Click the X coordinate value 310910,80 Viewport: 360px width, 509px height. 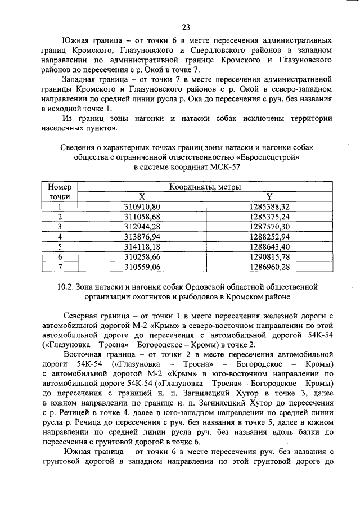pyautogui.click(x=142, y=206)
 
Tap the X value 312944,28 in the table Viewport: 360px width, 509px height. pyautogui.click(x=142, y=226)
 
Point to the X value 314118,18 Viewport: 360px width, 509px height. pyautogui.click(x=142, y=246)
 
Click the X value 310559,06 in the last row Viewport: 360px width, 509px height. pyautogui.click(x=142, y=266)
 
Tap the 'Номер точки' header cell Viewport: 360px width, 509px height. pyautogui.click(x=60, y=191)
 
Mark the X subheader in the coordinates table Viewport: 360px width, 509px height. pyautogui.click(x=142, y=196)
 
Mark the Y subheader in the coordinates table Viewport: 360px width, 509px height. pyautogui.click(x=269, y=196)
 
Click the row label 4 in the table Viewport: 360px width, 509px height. pyautogui.click(x=60, y=236)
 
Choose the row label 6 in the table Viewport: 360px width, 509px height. pyautogui.click(x=60, y=256)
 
